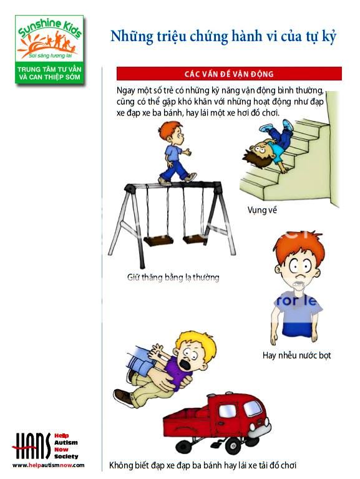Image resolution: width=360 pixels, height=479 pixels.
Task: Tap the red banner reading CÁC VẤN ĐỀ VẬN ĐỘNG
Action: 229,74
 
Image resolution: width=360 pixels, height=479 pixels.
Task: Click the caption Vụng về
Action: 262,210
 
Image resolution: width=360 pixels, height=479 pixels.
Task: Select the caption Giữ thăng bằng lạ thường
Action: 173,278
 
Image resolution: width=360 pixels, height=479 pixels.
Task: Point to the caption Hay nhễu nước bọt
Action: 296,356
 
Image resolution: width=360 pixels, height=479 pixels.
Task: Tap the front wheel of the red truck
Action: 233,445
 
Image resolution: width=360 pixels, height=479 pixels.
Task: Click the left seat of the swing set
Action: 158,241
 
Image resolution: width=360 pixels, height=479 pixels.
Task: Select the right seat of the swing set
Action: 195,239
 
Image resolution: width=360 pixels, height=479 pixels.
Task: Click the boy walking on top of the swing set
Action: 175,153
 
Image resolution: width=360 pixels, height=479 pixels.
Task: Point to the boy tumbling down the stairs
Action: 269,146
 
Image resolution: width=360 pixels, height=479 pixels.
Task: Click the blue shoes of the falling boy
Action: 276,125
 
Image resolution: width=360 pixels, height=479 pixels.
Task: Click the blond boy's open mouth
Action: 185,364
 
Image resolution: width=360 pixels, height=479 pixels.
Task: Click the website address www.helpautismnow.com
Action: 48,465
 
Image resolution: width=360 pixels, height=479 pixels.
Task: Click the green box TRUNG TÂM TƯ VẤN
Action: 49,74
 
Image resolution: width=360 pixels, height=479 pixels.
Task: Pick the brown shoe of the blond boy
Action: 124,397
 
